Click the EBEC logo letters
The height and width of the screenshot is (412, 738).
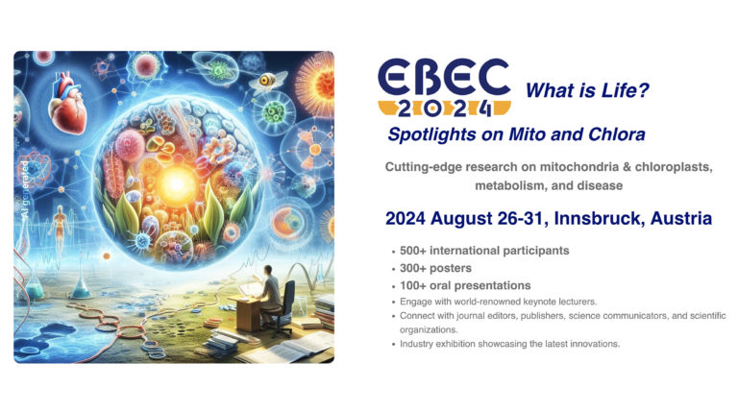click(x=444, y=77)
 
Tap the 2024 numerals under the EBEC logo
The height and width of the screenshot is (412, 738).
click(x=445, y=109)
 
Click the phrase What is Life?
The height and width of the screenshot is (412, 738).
click(x=587, y=90)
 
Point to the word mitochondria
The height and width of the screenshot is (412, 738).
click(x=578, y=167)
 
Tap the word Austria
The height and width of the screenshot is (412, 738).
click(x=681, y=219)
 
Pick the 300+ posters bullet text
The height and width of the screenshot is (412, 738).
click(x=435, y=268)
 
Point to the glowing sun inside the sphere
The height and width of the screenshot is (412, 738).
click(x=177, y=184)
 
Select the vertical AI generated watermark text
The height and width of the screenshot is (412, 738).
click(x=24, y=192)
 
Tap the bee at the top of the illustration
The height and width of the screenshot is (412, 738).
click(x=268, y=81)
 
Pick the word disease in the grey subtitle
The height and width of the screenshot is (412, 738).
click(x=601, y=185)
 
